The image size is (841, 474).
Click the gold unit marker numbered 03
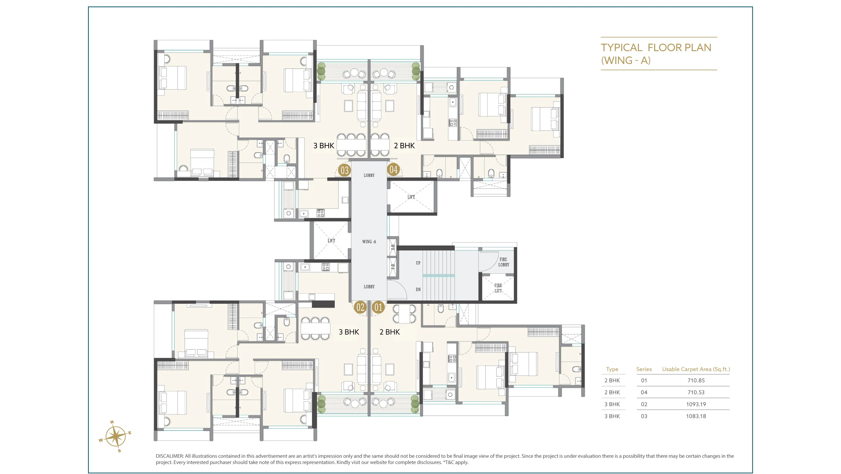tap(345, 170)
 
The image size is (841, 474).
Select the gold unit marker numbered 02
tap(360, 307)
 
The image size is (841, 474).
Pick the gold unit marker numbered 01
tap(378, 307)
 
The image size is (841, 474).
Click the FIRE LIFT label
tap(498, 288)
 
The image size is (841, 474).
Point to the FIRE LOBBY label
tap(503, 262)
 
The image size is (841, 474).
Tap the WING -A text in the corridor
tap(369, 242)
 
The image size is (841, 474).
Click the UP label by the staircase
tap(418, 263)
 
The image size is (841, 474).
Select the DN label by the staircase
tap(418, 289)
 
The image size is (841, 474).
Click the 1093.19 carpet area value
tap(696, 404)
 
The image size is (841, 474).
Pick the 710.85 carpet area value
tap(696, 380)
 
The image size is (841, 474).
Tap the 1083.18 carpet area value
tap(696, 416)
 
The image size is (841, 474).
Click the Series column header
tap(644, 369)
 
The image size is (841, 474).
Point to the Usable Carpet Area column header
tap(696, 369)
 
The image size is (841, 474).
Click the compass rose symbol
tap(115, 436)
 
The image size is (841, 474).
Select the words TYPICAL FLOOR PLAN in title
tap(656, 48)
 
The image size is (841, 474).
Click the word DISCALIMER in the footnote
tap(169, 456)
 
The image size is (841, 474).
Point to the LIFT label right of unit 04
tap(411, 197)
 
